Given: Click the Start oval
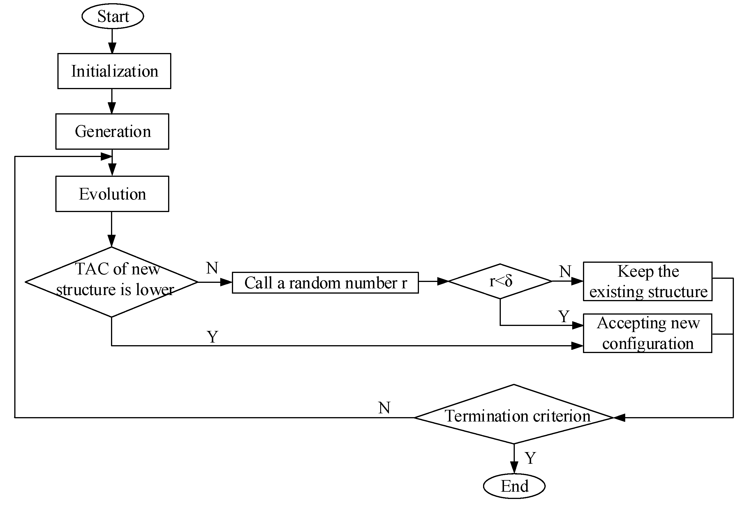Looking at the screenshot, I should (112, 16).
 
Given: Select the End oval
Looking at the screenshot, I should (514, 486).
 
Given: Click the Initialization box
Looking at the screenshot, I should (114, 71).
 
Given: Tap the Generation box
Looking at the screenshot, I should (112, 131).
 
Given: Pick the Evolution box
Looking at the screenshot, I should (112, 194).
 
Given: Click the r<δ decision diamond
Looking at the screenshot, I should (500, 281).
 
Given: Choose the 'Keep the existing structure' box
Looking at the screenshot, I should (647, 281).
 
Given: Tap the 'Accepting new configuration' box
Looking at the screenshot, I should (647, 333).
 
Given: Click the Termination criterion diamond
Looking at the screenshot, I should (514, 416).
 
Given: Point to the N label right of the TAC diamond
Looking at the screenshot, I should (212, 268).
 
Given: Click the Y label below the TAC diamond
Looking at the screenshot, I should (212, 337).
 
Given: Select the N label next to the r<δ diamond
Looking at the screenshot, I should (565, 271).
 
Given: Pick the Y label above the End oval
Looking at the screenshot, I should (530, 458).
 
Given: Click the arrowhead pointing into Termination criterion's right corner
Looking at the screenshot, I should (619, 418).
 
